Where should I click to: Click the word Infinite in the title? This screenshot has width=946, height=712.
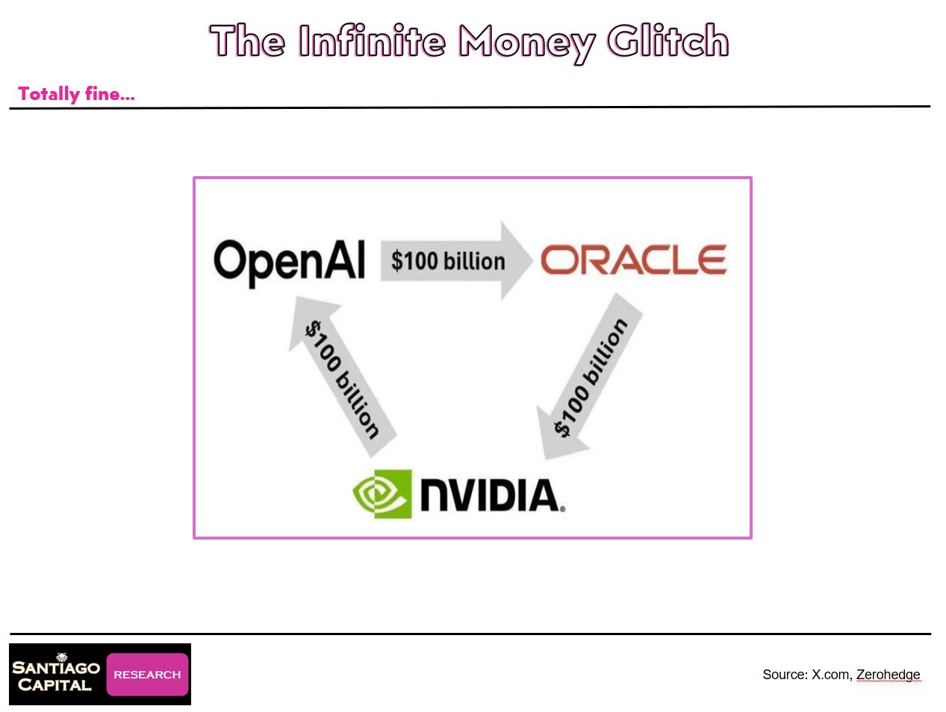[371, 41]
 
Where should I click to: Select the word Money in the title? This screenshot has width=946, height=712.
[526, 43]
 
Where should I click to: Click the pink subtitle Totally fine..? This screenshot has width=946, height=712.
[76, 94]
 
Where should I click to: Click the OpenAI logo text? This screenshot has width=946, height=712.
[289, 262]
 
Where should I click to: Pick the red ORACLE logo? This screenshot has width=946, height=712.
[633, 260]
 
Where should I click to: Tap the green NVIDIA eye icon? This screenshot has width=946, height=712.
[382, 493]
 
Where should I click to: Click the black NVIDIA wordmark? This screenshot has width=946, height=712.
[491, 496]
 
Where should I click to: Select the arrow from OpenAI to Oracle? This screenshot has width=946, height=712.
[448, 260]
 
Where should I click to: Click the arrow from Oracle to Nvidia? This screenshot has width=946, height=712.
[591, 377]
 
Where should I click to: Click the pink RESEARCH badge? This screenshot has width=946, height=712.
[147, 675]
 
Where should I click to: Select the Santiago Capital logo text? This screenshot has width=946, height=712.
[55, 676]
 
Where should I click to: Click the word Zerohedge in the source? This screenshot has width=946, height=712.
[888, 675]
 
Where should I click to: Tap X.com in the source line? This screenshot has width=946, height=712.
[830, 675]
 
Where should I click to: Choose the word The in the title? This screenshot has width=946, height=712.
[247, 41]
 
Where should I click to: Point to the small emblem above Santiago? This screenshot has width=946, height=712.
[62, 657]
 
